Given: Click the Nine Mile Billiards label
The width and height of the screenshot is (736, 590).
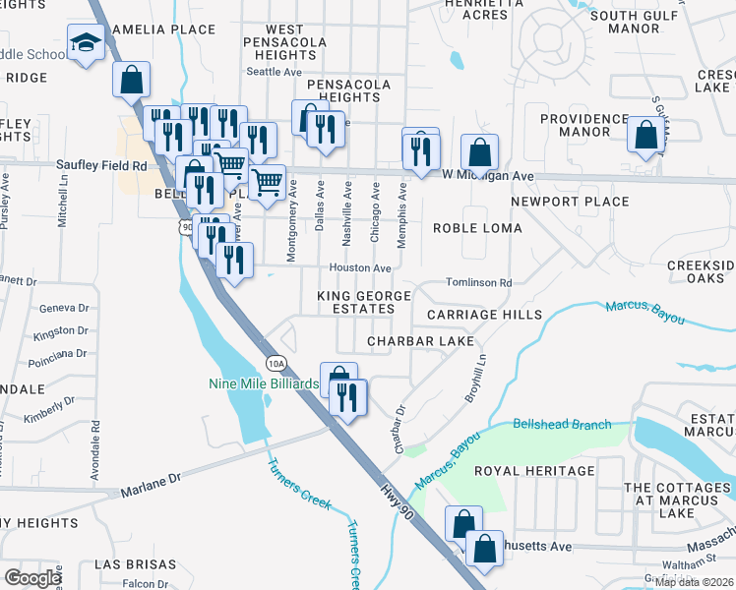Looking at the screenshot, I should [264, 383].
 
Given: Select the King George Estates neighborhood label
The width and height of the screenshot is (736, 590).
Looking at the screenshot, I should [355, 303].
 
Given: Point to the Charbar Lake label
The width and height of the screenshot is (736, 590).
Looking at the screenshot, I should [420, 341].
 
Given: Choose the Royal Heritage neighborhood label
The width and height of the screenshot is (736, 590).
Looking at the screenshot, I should [534, 471].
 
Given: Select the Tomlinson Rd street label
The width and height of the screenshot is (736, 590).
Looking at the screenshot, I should [479, 283].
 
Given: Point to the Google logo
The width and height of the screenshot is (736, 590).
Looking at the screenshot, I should [32, 578].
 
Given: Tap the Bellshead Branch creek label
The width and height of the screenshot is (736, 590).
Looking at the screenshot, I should [562, 425].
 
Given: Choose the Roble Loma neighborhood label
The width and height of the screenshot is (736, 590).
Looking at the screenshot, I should [478, 228].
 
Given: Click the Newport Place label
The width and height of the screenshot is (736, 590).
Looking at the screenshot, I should [570, 202].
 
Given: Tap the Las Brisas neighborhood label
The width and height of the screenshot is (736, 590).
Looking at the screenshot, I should [135, 565].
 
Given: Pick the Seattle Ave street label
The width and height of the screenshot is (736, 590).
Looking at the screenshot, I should [274, 72].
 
